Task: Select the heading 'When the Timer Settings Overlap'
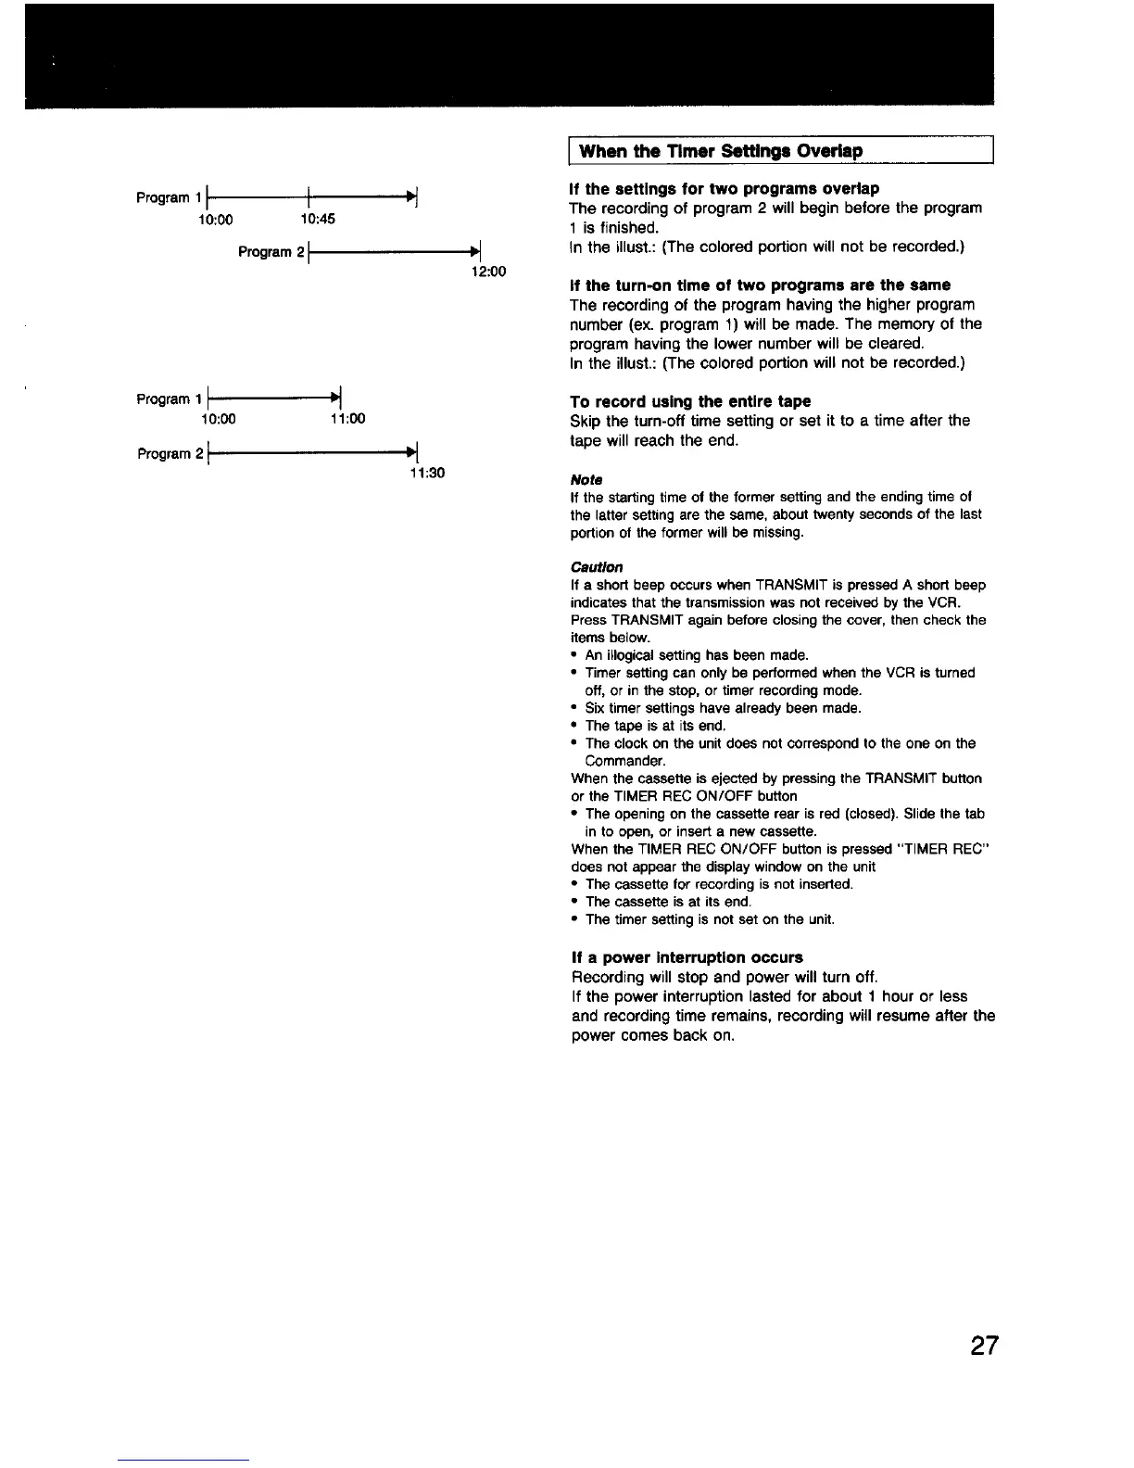(721, 150)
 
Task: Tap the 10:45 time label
(318, 220)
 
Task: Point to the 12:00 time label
(488, 272)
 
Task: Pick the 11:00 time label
(347, 419)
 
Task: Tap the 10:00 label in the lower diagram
(218, 419)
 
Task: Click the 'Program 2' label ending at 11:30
(166, 454)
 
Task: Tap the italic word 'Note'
(586, 479)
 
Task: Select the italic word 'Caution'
(597, 566)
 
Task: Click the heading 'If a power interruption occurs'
(686, 957)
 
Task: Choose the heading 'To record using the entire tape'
(690, 401)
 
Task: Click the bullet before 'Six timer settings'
(575, 708)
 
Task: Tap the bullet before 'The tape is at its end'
(575, 726)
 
